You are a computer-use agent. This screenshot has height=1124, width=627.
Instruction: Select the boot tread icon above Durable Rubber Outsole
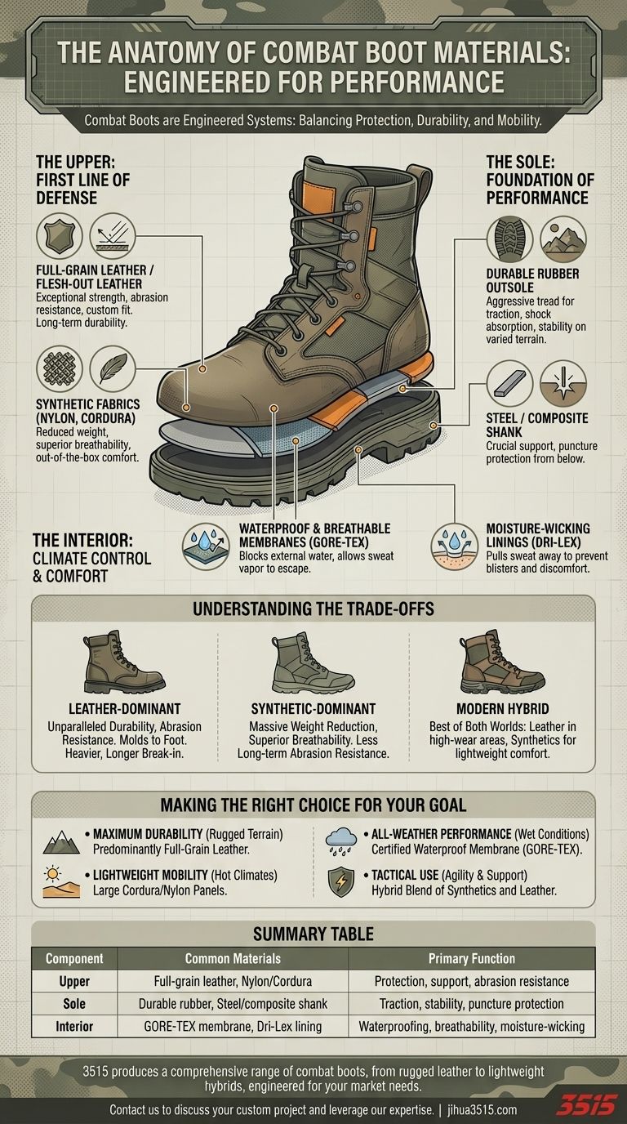(x=509, y=239)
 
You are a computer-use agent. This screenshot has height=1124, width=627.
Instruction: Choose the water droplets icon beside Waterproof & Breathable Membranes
(x=204, y=546)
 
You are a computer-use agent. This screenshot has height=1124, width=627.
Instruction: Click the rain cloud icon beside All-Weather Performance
(x=340, y=841)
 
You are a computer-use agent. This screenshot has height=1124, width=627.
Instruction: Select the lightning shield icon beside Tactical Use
(x=340, y=882)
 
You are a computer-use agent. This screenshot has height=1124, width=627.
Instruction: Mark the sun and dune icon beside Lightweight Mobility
(x=56, y=883)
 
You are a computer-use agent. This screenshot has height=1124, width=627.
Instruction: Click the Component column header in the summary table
(x=74, y=958)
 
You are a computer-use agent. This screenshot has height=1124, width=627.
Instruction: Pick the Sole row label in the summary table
(x=74, y=1003)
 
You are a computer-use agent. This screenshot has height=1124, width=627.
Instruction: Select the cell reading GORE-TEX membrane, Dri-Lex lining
(x=233, y=1026)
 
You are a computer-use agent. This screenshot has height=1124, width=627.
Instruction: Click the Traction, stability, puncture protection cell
(x=471, y=1003)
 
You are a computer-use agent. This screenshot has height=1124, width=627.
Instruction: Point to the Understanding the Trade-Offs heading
(x=313, y=609)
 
